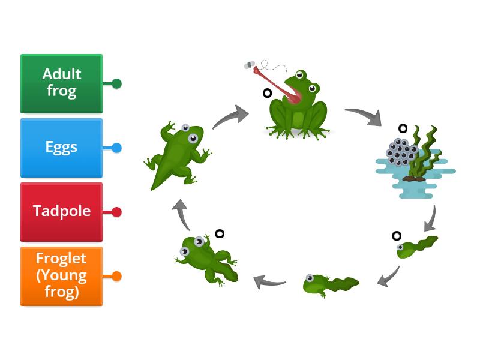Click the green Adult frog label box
[x=61, y=83]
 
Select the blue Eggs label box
[x=61, y=148]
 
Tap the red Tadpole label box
[x=61, y=212]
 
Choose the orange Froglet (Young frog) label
[x=61, y=276]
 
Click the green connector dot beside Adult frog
[x=116, y=83]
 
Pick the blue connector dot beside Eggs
[x=116, y=148]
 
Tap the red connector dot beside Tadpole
[x=116, y=212]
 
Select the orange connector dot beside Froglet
[x=116, y=276]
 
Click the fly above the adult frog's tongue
[x=250, y=65]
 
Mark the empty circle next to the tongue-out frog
[x=267, y=93]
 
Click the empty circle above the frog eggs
[x=403, y=128]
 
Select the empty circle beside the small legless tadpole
[x=396, y=235]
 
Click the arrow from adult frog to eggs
[x=363, y=116]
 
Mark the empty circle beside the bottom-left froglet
[x=220, y=234]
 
